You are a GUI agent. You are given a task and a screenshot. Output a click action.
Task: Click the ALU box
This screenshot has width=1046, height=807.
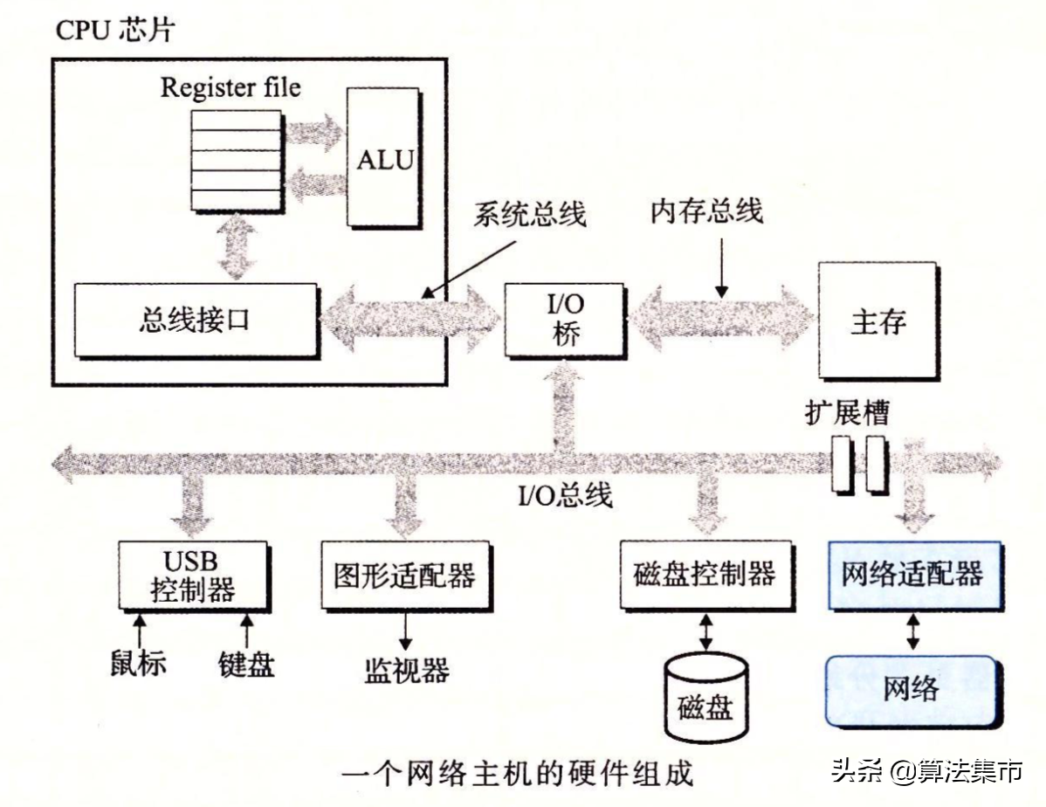click(383, 159)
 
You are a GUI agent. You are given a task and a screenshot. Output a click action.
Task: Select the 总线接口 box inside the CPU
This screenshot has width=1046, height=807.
click(196, 320)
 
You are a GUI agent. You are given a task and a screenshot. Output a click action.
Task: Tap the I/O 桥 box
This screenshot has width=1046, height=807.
click(565, 320)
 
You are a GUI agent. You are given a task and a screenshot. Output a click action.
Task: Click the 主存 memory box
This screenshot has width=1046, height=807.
click(877, 321)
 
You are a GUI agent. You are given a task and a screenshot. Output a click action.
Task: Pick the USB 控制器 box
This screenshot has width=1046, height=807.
click(191, 575)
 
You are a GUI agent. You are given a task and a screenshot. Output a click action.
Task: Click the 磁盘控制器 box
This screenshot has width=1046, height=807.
click(704, 575)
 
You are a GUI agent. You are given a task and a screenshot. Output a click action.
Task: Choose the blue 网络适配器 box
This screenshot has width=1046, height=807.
click(912, 575)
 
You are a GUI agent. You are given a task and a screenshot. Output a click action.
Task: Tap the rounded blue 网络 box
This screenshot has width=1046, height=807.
click(912, 689)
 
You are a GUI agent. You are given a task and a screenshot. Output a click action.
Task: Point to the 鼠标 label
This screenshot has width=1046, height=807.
click(138, 663)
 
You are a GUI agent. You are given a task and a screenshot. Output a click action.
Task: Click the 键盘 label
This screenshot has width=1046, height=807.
click(246, 663)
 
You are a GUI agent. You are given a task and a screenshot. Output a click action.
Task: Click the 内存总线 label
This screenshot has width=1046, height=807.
click(706, 210)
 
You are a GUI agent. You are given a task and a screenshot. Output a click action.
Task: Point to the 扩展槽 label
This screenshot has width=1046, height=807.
click(847, 412)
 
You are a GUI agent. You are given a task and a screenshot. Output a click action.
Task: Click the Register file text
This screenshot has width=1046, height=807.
click(231, 87)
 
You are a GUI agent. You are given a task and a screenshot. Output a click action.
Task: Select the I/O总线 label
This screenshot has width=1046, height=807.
click(566, 495)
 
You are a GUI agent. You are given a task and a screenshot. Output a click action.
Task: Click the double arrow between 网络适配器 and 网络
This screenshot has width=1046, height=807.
click(912, 631)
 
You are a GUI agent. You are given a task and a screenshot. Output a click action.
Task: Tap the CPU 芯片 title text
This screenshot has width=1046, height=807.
click(115, 31)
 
